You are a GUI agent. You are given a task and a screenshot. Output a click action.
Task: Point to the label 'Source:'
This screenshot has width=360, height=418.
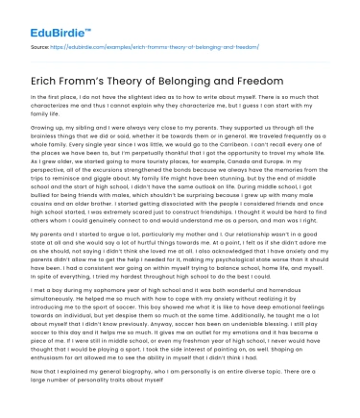41,44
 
